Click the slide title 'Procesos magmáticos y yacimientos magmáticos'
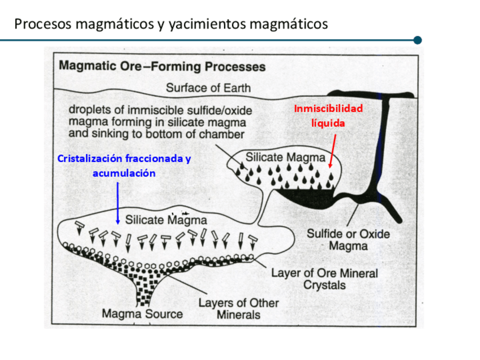[171, 24]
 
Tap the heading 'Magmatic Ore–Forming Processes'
[162, 66]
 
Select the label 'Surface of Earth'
[208, 88]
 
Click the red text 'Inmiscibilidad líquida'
[328, 115]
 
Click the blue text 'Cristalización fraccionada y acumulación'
[124, 165]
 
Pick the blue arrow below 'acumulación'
[117, 202]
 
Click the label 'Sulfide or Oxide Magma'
[348, 239]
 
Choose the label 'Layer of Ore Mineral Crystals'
[324, 278]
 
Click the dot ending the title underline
[418, 40]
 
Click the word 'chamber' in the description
[223, 135]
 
